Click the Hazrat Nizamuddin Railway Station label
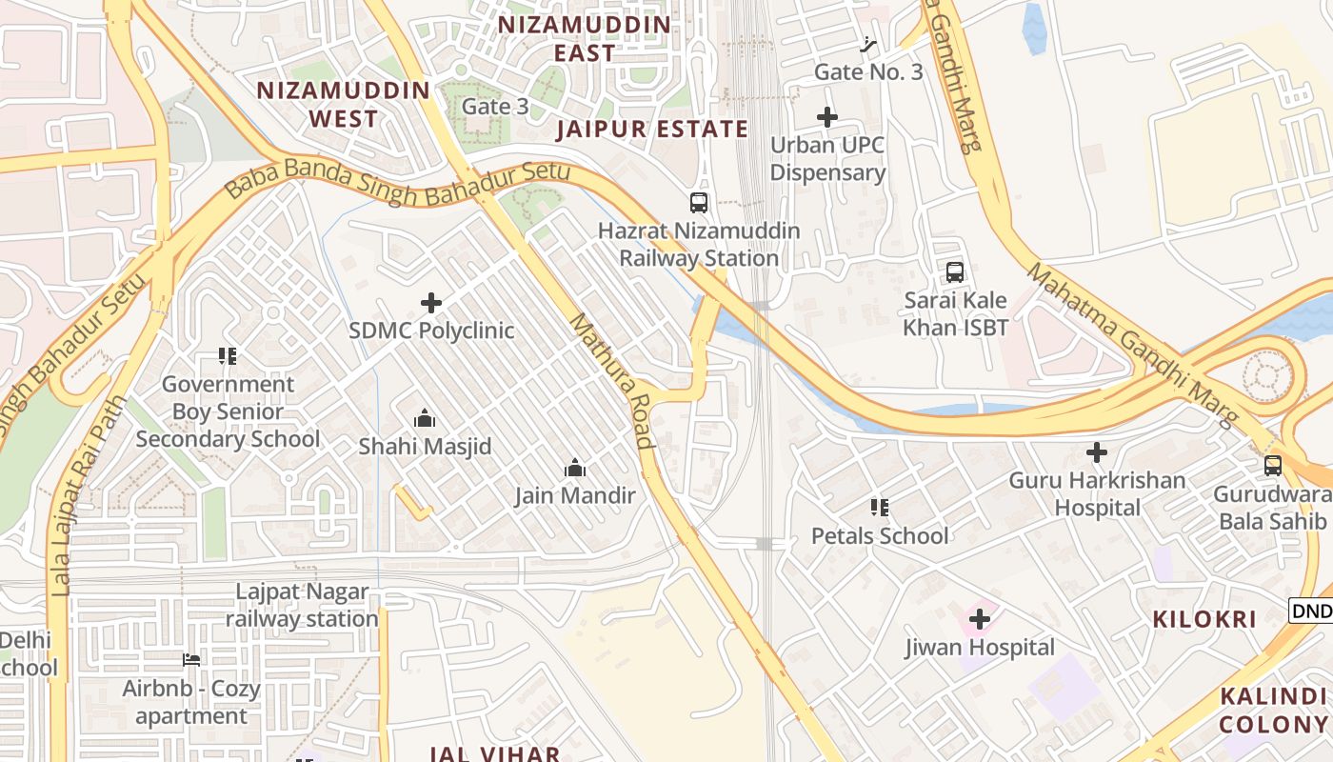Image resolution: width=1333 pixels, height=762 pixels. pyautogui.click(x=699, y=245)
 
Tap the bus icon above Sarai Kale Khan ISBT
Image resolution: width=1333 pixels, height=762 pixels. pyautogui.click(x=955, y=272)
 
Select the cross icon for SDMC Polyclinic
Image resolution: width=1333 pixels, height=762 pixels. pyautogui.click(x=431, y=304)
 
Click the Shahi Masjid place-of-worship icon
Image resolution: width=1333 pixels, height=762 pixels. pyautogui.click(x=425, y=419)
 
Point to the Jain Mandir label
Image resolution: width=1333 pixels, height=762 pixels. pyautogui.click(x=575, y=495)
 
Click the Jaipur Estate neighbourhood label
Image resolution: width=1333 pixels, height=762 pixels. pyautogui.click(x=653, y=130)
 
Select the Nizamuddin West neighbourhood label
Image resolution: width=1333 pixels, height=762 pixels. pyautogui.click(x=344, y=105)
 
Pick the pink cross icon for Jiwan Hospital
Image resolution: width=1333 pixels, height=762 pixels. pyautogui.click(x=979, y=620)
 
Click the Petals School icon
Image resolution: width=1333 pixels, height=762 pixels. pyautogui.click(x=879, y=508)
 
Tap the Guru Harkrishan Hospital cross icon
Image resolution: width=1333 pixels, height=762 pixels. pyautogui.click(x=1097, y=452)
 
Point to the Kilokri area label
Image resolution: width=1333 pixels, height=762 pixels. pyautogui.click(x=1204, y=619)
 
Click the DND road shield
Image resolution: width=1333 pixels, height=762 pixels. pyautogui.click(x=1311, y=611)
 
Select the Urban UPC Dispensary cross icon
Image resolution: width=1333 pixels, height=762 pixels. pyautogui.click(x=827, y=117)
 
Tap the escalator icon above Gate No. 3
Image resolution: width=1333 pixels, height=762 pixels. pyautogui.click(x=867, y=44)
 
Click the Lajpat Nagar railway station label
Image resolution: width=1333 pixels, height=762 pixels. pyautogui.click(x=302, y=606)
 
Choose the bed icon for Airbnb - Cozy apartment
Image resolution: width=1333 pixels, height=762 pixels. pyautogui.click(x=191, y=660)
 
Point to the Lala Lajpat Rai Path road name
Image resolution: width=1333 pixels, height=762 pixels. pyautogui.click(x=89, y=495)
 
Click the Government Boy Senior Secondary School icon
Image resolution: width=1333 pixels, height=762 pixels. pyautogui.click(x=228, y=356)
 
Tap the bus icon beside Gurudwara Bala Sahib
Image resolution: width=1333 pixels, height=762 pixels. pyautogui.click(x=1273, y=466)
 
